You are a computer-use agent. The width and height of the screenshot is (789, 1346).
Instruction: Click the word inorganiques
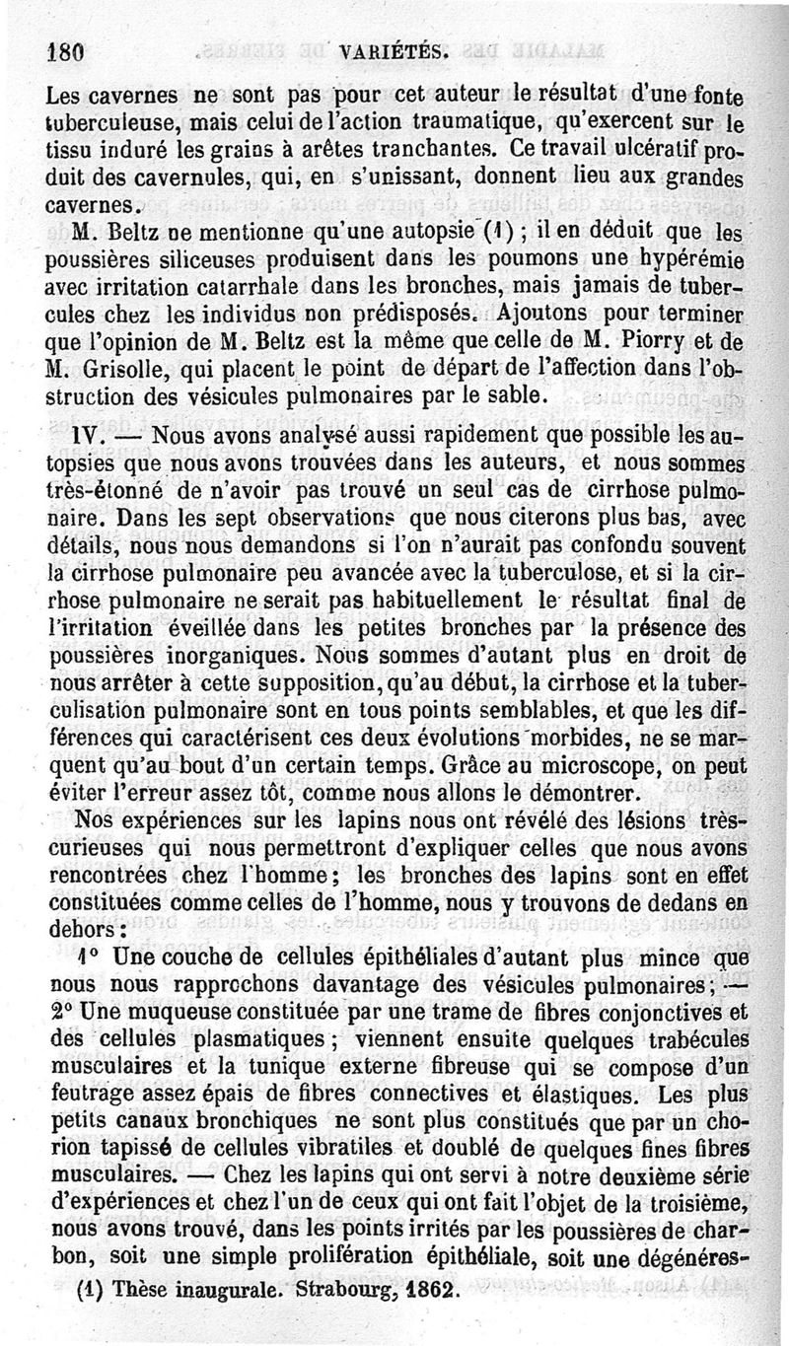pos(242,655)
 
